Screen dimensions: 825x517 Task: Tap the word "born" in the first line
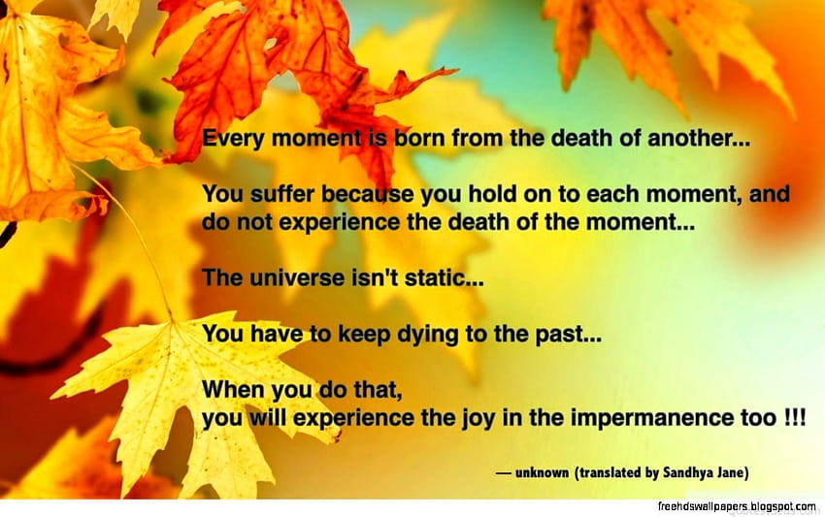(419, 139)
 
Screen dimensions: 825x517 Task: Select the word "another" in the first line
(691, 139)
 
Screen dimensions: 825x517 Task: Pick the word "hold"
(491, 194)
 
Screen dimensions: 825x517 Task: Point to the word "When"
(234, 389)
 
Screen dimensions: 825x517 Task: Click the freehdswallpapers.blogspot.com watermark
(737, 506)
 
